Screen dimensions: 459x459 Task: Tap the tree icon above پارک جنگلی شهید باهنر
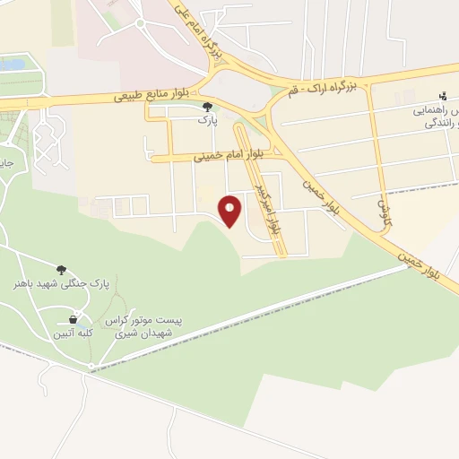tap(62, 269)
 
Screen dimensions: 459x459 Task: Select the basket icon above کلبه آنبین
tap(73, 319)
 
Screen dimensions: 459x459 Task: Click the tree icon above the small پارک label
tap(208, 107)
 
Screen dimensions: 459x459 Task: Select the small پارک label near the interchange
tap(208, 118)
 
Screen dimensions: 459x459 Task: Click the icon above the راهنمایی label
tap(443, 96)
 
